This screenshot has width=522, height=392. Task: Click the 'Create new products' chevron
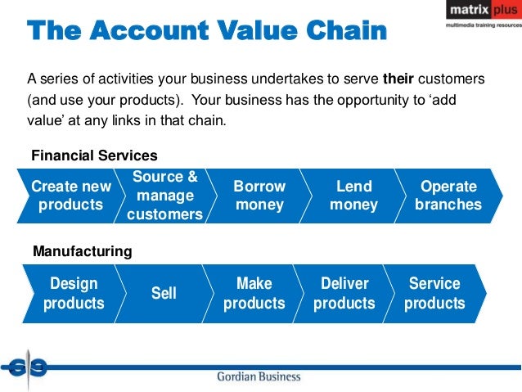point(70,196)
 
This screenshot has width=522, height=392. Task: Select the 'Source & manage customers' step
point(164,196)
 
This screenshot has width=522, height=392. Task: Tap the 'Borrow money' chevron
point(259,196)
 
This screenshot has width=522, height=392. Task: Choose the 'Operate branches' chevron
point(448,196)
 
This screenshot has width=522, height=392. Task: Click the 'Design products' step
point(74,293)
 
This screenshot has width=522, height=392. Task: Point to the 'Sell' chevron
point(164,293)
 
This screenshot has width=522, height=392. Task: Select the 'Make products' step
point(254,293)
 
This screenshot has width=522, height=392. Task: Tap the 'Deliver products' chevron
point(344,293)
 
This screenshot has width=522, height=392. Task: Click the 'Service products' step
point(434,293)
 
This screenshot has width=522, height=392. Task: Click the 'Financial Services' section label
point(94,155)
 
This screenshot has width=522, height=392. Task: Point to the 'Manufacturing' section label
point(82,252)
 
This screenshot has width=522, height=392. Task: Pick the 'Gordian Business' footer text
point(259,377)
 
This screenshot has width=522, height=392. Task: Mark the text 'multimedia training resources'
point(481,26)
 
